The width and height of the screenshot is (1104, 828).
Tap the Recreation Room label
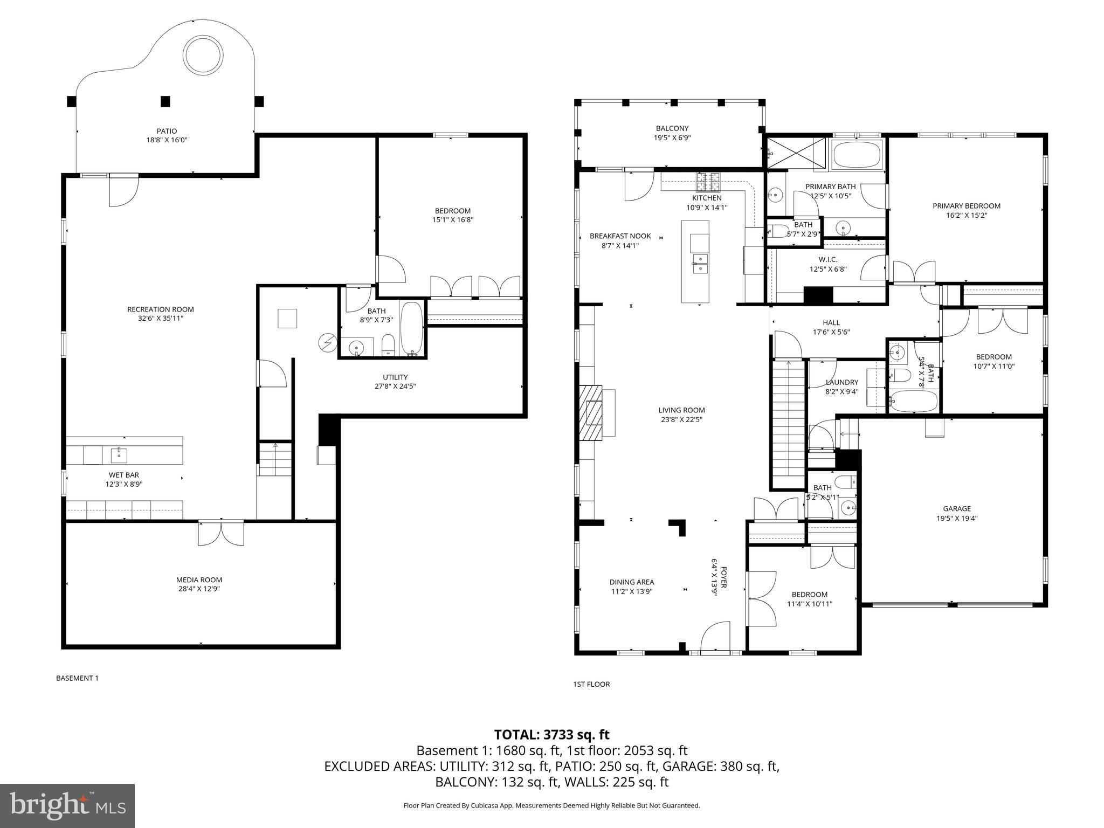tap(161, 309)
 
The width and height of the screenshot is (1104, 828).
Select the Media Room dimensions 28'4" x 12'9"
tap(199, 589)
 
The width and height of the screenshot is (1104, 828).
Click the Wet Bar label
tap(124, 475)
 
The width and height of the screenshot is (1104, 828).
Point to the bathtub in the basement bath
tap(412, 329)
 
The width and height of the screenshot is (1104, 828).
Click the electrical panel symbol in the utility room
tap(327, 342)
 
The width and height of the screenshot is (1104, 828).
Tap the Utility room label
tap(395, 377)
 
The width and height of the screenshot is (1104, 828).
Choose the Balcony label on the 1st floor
tap(672, 128)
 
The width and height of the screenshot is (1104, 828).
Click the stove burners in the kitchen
tap(708, 182)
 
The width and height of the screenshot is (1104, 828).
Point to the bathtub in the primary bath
tap(857, 155)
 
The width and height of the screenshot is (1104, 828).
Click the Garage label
tap(957, 508)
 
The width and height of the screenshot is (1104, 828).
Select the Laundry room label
tap(841, 383)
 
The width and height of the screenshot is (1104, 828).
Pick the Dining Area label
tap(632, 582)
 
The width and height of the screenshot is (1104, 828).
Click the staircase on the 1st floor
tap(789, 425)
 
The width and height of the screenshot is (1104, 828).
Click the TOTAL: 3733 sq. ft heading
tap(551, 735)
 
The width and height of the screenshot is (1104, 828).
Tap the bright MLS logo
tap(67, 805)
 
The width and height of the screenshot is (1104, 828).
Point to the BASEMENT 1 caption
tap(77, 678)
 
